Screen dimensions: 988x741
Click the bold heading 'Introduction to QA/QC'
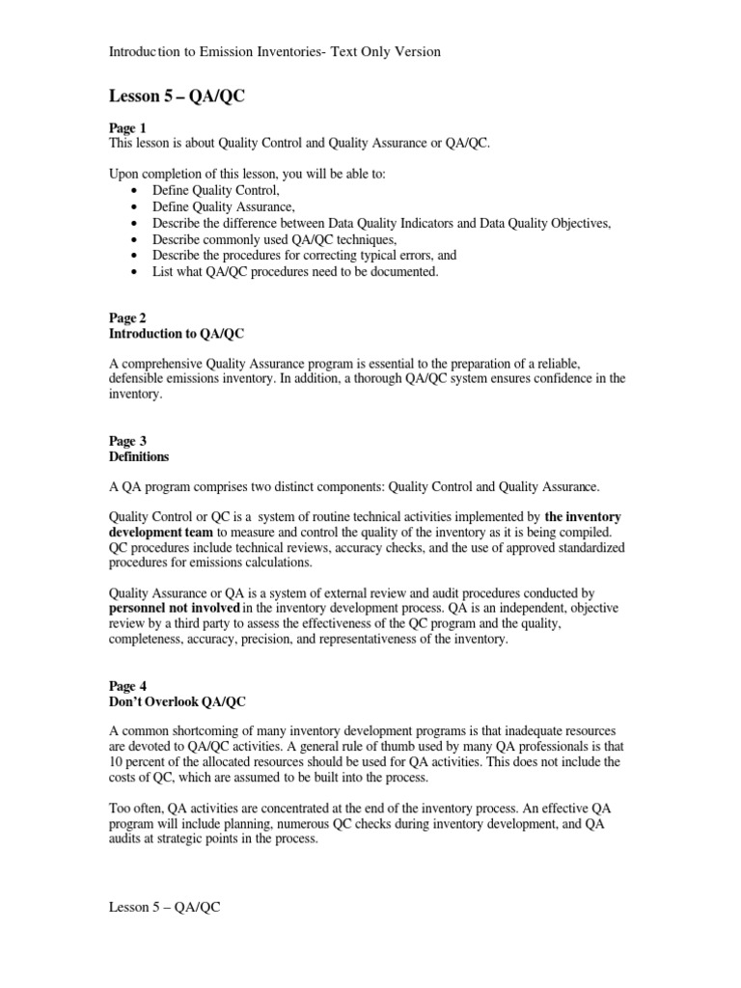tap(178, 333)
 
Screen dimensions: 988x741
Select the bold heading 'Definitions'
tap(140, 456)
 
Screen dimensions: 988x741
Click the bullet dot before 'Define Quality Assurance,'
tap(133, 206)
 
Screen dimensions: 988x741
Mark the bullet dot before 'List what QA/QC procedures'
tap(133, 272)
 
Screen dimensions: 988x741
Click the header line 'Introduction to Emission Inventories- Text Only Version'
tap(274, 51)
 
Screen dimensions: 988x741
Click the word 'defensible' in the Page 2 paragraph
tap(140, 379)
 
